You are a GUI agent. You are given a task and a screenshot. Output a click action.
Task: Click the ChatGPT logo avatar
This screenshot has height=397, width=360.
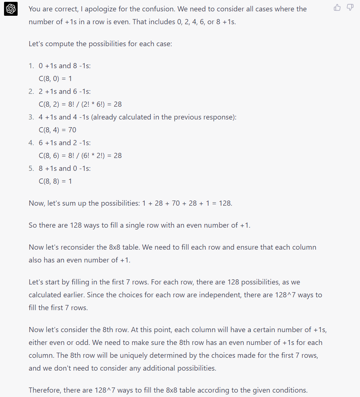click(x=11, y=9)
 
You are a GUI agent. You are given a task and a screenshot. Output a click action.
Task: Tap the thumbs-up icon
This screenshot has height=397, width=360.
click(x=337, y=7)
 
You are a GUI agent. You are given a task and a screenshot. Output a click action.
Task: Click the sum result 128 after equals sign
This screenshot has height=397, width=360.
click(x=225, y=203)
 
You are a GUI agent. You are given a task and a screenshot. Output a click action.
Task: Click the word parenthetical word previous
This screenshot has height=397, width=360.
click(x=196, y=117)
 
